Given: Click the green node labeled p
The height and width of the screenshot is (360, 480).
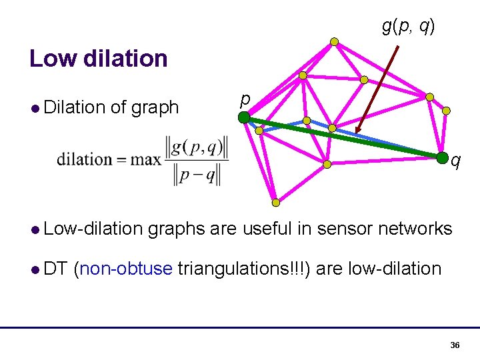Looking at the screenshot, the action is click(x=245, y=118).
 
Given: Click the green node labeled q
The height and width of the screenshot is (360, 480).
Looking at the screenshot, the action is click(x=442, y=158).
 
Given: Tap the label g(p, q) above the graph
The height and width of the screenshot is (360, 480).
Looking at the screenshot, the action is click(x=408, y=26).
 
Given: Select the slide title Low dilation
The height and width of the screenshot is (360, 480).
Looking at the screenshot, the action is click(x=99, y=59).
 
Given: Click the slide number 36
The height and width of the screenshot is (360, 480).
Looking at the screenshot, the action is click(x=455, y=345).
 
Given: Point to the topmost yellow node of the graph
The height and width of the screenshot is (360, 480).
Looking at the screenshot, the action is click(x=334, y=41).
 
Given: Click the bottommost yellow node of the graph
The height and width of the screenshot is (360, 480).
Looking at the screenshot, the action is click(x=275, y=203).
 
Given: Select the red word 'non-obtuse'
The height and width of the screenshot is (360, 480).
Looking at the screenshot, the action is click(x=125, y=269).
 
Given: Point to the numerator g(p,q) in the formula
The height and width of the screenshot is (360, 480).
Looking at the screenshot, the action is click(x=196, y=147).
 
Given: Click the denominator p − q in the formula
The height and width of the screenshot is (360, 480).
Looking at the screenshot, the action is click(x=196, y=174).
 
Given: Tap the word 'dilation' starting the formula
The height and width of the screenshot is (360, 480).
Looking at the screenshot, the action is click(x=84, y=159).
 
